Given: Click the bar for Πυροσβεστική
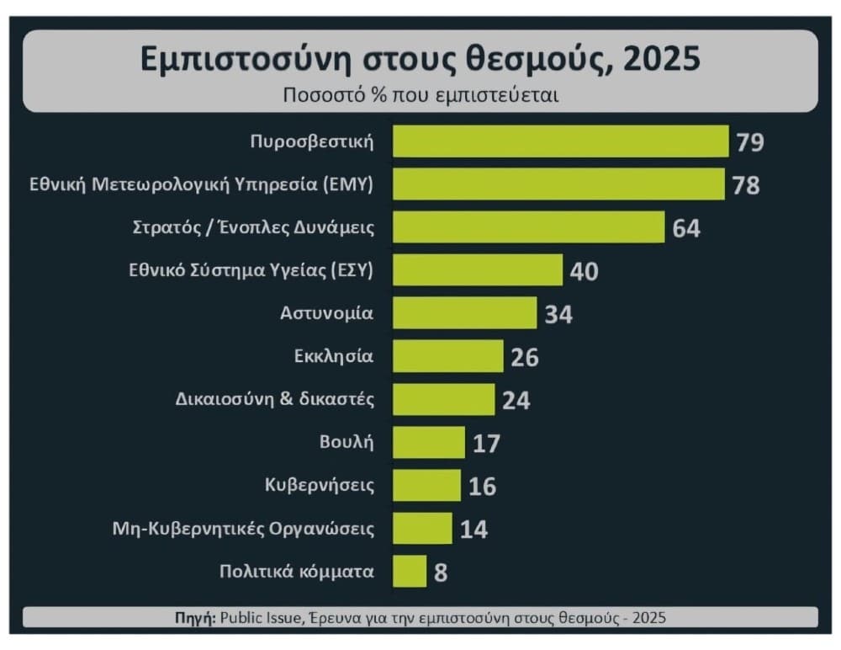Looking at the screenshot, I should point(560,141).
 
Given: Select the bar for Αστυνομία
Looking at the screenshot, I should point(464,313).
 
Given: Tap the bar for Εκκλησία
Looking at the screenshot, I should point(447,356).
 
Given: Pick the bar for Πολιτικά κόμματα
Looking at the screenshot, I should point(410,572).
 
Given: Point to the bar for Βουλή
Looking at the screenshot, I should point(428,443).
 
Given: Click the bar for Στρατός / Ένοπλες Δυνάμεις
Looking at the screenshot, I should point(529,227).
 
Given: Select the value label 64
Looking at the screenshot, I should point(685,228).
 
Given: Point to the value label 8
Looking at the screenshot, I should point(441,573).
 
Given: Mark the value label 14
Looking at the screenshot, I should point(473,530).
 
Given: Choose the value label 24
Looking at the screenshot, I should point(516,400).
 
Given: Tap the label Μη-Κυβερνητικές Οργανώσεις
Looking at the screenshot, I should point(243,530).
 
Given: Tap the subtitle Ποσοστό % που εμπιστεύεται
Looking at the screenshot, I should point(420,94).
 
